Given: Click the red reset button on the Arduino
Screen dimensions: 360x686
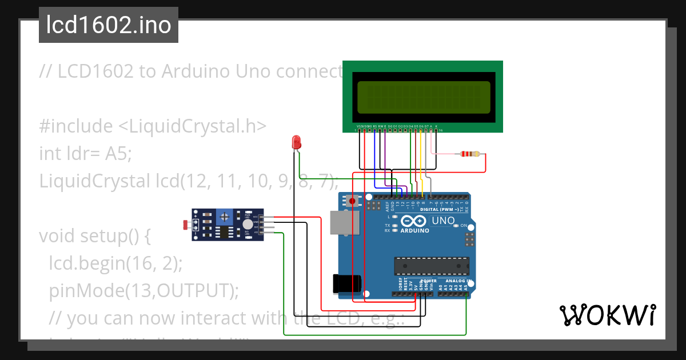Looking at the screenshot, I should pos(352,201).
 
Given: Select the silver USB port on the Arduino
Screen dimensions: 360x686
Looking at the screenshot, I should pos(342,223).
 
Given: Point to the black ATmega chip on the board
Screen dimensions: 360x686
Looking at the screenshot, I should pos(431,266).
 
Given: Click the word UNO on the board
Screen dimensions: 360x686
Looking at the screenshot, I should pos(442,221).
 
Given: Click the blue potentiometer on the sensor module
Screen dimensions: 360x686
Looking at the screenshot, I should pos(225,216).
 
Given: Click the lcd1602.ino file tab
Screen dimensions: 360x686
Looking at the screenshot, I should pos(109,25).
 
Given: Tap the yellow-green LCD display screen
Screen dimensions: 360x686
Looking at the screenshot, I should pos(424,97).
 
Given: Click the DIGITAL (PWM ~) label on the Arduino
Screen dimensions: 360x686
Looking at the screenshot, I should pos(440,209).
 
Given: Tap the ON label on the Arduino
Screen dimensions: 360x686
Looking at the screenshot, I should pos(464,226).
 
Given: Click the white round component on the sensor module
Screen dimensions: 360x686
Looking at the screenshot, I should pos(247,225).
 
